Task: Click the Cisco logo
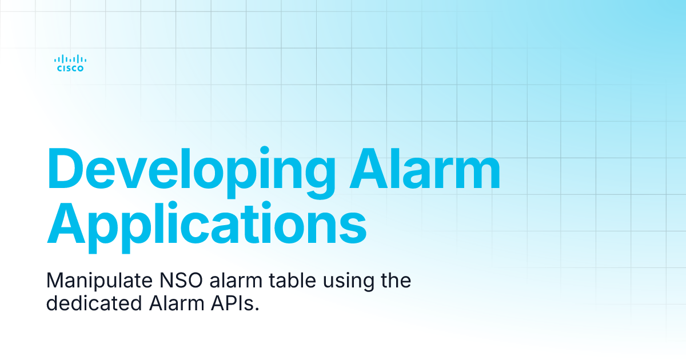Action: click(x=70, y=63)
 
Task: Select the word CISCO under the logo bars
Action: click(x=70, y=69)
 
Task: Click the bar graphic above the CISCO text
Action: click(x=70, y=58)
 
